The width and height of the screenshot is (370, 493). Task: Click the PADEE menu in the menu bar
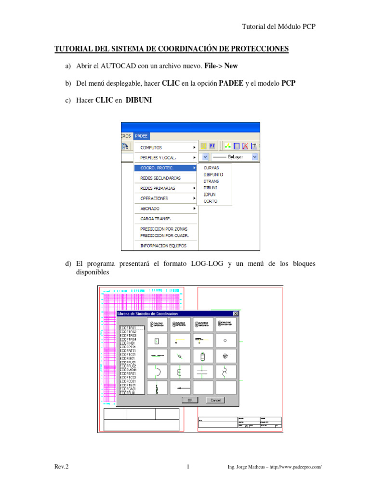(142, 136)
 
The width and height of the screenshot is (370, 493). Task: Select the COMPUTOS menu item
(151, 147)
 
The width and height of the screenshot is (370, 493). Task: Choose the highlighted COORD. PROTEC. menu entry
(157, 168)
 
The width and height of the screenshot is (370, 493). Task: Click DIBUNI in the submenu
(210, 188)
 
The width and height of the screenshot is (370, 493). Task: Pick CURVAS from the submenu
(211, 168)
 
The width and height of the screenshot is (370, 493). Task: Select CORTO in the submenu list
(211, 201)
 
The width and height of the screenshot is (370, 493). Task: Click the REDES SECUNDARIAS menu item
(160, 178)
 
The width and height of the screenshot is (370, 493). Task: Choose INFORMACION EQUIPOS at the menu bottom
(163, 246)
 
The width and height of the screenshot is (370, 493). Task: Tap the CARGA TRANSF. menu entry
(152, 218)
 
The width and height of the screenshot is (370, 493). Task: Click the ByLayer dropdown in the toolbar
(235, 157)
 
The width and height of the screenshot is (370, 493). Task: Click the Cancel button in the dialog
(215, 400)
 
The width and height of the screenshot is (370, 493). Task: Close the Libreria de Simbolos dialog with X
(235, 313)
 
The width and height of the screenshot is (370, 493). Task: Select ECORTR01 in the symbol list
(128, 328)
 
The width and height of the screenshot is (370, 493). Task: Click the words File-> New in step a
(225, 65)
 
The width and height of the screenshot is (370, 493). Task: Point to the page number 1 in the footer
(188, 467)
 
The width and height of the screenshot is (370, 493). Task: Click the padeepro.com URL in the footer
(294, 467)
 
